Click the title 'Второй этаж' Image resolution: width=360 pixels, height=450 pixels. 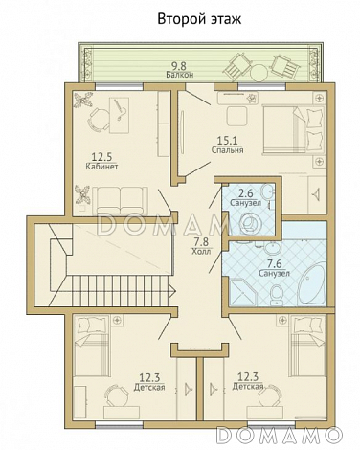point(199,19)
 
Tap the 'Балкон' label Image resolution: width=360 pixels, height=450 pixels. point(180,75)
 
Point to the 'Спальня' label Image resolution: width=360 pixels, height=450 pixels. point(227,150)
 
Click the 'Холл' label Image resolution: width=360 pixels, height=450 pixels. point(201,252)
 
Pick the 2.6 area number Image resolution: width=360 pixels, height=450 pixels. point(246,193)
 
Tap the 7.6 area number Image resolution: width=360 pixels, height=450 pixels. point(274,264)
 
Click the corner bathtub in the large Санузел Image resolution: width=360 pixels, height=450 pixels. point(312,284)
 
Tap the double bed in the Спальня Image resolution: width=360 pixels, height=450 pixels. point(294,130)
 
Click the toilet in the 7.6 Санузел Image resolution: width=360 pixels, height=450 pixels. point(276,295)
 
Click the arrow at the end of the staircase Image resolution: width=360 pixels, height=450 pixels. point(172,291)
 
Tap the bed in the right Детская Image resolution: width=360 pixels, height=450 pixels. point(307,346)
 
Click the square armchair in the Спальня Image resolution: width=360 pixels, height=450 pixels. point(236,117)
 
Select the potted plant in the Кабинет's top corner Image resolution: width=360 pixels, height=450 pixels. point(82,101)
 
